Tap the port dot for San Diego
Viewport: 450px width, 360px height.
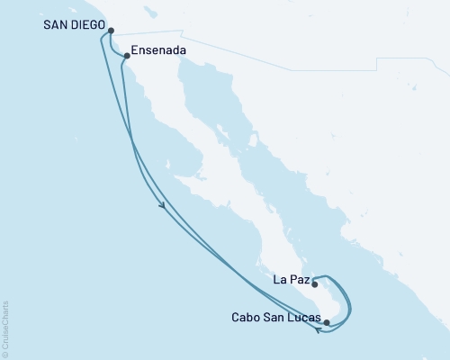111,31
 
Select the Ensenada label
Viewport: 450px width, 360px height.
158,51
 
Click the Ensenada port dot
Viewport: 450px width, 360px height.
127,57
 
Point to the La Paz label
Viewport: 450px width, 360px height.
290,281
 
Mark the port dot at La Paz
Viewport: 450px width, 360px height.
315,284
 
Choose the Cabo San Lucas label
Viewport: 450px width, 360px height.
274,317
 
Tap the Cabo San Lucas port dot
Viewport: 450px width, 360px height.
327,321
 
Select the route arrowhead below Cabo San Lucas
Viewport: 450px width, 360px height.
319,330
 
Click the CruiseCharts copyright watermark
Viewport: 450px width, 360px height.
5,329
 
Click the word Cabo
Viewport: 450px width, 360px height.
246,317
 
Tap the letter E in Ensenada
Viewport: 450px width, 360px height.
134,51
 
